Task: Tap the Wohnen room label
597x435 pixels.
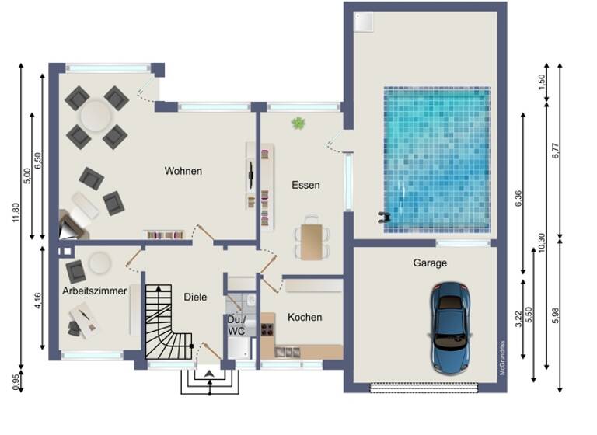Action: click(x=183, y=171)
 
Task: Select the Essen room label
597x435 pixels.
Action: click(x=305, y=185)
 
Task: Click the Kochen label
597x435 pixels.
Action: click(x=305, y=317)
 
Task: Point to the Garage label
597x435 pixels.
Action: click(x=429, y=263)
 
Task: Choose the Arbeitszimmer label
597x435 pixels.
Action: click(x=94, y=291)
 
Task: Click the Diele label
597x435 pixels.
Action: click(x=195, y=296)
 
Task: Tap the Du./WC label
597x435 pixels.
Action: click(x=236, y=325)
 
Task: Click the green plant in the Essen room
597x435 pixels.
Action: click(x=298, y=123)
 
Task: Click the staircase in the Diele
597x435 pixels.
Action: click(x=166, y=322)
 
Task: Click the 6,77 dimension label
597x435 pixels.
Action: click(x=555, y=148)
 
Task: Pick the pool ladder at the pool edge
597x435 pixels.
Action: click(x=382, y=215)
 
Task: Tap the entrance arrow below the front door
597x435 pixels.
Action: click(x=210, y=374)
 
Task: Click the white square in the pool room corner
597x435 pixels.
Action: click(x=363, y=24)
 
